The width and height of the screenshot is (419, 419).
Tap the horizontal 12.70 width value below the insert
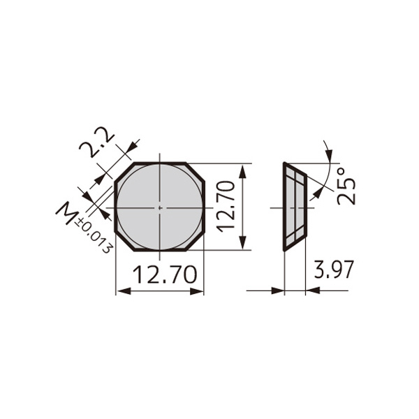(x=159, y=276)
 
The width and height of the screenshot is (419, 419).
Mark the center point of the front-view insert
(x=160, y=207)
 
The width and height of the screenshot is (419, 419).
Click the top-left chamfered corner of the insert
(x=124, y=172)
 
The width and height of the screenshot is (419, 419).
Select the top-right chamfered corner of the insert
(x=196, y=172)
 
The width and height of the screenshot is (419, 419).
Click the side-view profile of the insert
(x=293, y=207)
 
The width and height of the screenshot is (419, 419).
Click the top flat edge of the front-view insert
(x=160, y=163)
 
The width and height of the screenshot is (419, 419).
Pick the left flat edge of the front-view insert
(x=115, y=207)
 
